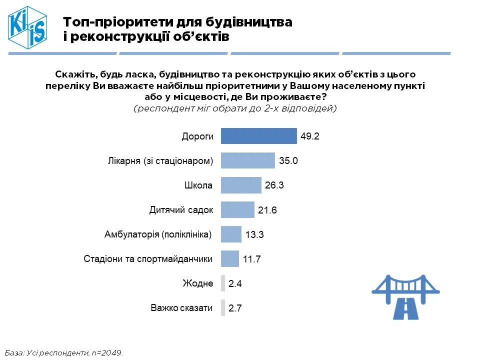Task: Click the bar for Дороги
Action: [x=258, y=136]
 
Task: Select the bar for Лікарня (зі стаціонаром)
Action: [x=247, y=160]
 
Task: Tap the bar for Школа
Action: [x=240, y=185]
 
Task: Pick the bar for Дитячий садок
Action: [x=237, y=209]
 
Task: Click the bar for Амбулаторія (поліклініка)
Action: [x=231, y=234]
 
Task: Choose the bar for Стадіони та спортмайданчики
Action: [x=229, y=258]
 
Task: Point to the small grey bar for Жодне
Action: [x=223, y=283]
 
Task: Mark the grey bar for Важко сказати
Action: [x=223, y=308]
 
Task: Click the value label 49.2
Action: [x=310, y=136]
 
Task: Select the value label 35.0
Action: [x=288, y=161]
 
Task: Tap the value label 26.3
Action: [x=274, y=185]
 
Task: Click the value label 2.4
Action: [x=235, y=284]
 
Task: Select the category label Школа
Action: [x=199, y=185]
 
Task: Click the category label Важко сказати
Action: [x=182, y=308]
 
